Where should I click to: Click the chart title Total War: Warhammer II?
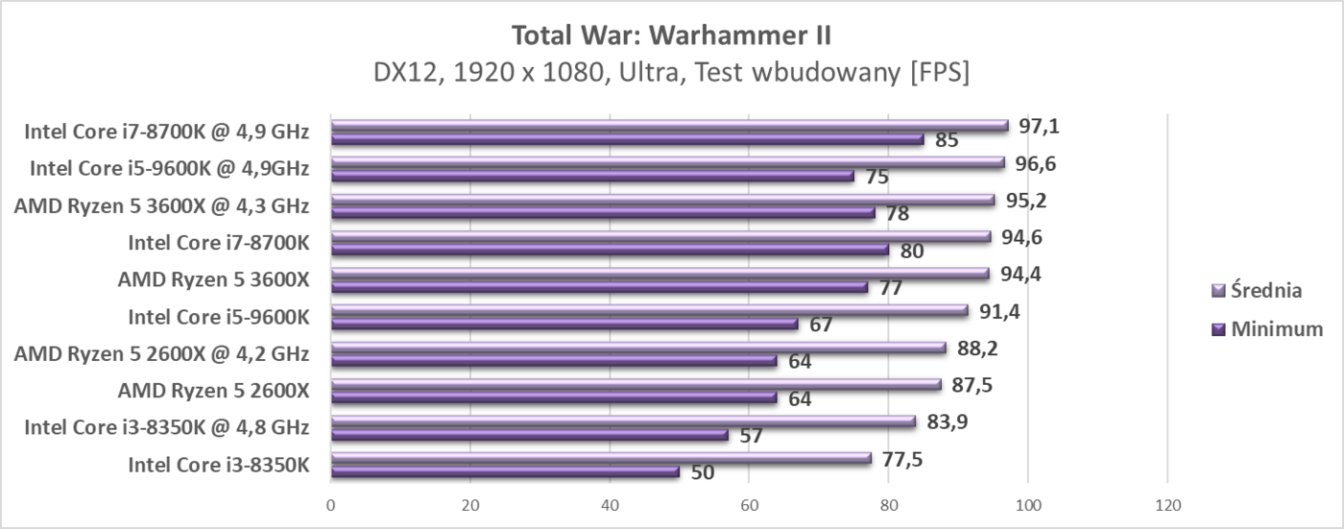point(671,36)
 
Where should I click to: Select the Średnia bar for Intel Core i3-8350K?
point(601,458)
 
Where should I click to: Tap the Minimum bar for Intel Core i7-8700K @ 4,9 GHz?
point(627,139)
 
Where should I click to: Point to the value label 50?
point(702,472)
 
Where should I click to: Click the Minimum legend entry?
point(1267,329)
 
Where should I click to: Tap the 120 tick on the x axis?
point(1166,505)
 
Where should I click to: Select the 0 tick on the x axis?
point(331,505)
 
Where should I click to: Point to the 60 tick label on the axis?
point(749,505)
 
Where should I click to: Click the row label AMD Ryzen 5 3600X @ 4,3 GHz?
point(161,205)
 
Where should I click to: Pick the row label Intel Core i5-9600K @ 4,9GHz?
point(169,169)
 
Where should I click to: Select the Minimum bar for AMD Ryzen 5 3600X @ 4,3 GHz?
point(603,213)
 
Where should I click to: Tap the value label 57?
point(751,436)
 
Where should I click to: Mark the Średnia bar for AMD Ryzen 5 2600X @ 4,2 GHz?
point(638,348)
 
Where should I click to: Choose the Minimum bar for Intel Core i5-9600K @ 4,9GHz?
point(592,177)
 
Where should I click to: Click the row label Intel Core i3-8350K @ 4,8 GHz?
point(166,427)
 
